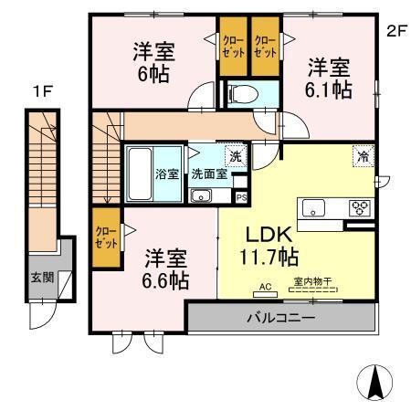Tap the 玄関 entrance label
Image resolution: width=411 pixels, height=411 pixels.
coord(40,277)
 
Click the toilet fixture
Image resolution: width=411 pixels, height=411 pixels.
coord(243,95)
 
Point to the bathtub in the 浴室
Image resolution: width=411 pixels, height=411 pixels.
coord(139,173)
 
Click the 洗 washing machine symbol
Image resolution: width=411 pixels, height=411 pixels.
coord(236,156)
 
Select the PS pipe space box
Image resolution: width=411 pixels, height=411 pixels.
coord(241,196)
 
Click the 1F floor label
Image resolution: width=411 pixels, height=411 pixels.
coord(41,90)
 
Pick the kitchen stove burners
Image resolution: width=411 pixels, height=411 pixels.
coord(359,206)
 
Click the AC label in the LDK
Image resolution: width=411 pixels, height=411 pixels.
coord(267,287)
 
